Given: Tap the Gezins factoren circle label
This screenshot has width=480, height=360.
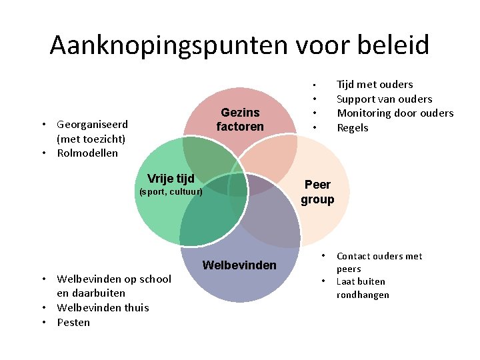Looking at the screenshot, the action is tap(240, 119).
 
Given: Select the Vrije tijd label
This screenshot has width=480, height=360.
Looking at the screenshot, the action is tap(171, 178).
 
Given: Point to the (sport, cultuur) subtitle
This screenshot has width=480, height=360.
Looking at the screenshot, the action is tap(170, 192).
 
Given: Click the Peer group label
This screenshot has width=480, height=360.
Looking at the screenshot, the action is tap(317, 192).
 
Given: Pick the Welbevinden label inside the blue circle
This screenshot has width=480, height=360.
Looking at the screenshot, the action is tap(239, 265).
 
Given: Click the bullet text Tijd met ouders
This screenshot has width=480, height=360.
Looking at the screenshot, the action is tap(375, 84).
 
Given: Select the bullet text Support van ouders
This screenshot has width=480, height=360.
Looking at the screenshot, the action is tap(384, 99).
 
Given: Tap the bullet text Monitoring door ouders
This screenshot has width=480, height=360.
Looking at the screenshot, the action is tap(395, 113).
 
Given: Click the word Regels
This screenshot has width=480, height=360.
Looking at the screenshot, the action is tap(353, 128).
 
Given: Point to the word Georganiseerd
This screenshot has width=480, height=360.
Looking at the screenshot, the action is tap(93, 124).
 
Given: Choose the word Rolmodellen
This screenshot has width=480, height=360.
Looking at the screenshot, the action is tap(87, 153).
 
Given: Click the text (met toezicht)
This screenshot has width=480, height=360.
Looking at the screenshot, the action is tap(91, 139).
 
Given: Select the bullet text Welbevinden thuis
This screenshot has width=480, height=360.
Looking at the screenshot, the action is tap(103, 308).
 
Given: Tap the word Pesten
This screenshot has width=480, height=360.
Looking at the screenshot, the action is tap(73, 323).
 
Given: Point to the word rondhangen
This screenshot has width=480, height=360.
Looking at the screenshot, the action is tap(363, 295).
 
